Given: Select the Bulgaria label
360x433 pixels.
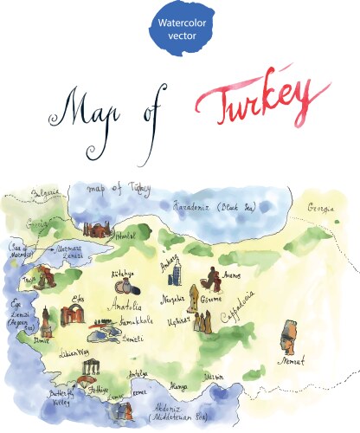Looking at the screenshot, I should point(42,192).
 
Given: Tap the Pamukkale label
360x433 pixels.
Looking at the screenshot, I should point(138,321).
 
